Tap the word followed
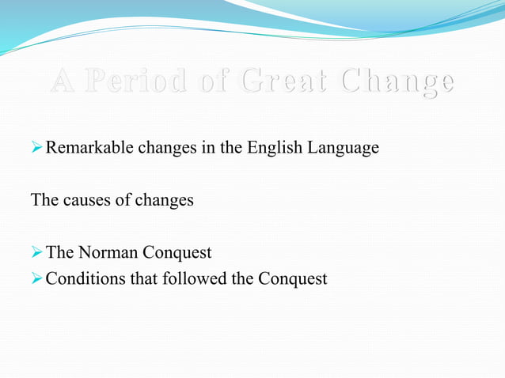(190, 278)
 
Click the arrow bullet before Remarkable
(36, 148)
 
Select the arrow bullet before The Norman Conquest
(36, 253)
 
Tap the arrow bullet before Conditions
(36, 278)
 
